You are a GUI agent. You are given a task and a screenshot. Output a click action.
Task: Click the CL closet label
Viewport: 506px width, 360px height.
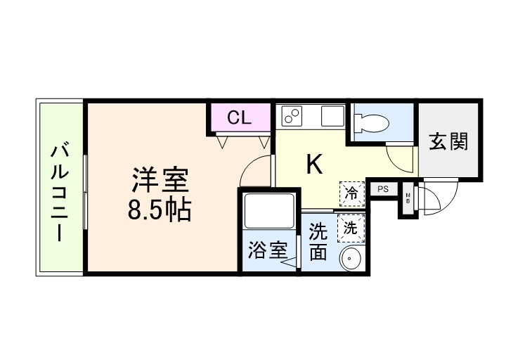click(239, 118)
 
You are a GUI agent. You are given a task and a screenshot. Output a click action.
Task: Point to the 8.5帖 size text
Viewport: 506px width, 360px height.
click(160, 210)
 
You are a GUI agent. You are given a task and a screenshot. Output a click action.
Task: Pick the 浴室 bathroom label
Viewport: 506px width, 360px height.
click(268, 251)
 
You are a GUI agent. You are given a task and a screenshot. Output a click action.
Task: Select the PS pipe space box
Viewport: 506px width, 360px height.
click(383, 189)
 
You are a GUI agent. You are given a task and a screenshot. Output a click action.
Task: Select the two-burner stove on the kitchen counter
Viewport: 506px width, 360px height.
click(292, 115)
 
